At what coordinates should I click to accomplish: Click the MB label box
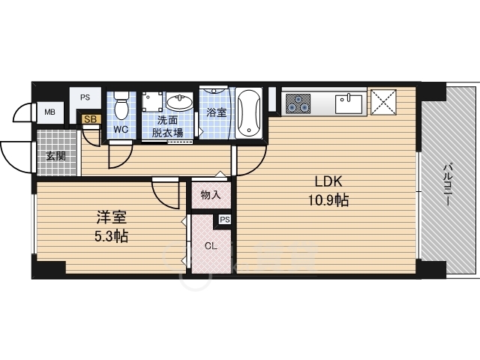pyautogui.click(x=50, y=112)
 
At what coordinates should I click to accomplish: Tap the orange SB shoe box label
pyautogui.click(x=91, y=119)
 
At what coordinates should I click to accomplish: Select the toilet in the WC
pyautogui.click(x=121, y=106)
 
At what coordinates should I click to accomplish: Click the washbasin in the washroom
pyautogui.click(x=179, y=102)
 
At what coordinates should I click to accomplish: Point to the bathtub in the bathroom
pyautogui.click(x=249, y=113)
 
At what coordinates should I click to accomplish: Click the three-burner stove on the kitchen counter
pyautogui.click(x=298, y=103)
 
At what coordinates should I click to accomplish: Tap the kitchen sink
pyautogui.click(x=349, y=104)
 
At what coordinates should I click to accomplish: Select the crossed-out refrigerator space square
pyautogui.click(x=383, y=102)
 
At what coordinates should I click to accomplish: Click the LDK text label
pyautogui.click(x=328, y=181)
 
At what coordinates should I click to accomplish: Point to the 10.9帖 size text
pyautogui.click(x=328, y=200)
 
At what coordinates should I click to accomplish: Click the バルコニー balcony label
pyautogui.click(x=447, y=185)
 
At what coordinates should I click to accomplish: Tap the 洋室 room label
pyautogui.click(x=112, y=217)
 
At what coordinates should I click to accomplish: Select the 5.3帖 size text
pyautogui.click(x=111, y=236)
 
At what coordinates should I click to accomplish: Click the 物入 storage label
pyautogui.click(x=211, y=195)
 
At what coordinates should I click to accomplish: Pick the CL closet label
pyautogui.click(x=211, y=246)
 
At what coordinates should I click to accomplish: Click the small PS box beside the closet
pyautogui.click(x=225, y=220)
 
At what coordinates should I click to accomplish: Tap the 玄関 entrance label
pyautogui.click(x=56, y=156)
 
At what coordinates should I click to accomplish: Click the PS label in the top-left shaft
pyautogui.click(x=85, y=97)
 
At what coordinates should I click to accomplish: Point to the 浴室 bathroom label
pyautogui.click(x=217, y=112)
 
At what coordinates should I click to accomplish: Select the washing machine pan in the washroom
pyautogui.click(x=153, y=100)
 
